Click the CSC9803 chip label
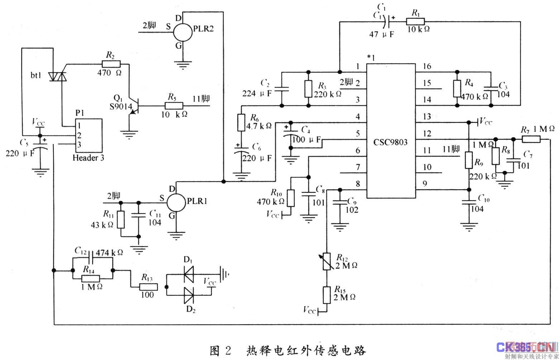[x=391, y=142]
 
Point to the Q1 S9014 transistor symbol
[x=133, y=106]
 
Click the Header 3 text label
[x=88, y=158]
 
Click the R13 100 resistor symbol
[x=148, y=287]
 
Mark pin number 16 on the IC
[x=427, y=66]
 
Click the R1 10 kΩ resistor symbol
[x=415, y=22]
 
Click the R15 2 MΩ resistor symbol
[x=326, y=295]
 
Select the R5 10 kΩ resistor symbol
[x=174, y=106]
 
